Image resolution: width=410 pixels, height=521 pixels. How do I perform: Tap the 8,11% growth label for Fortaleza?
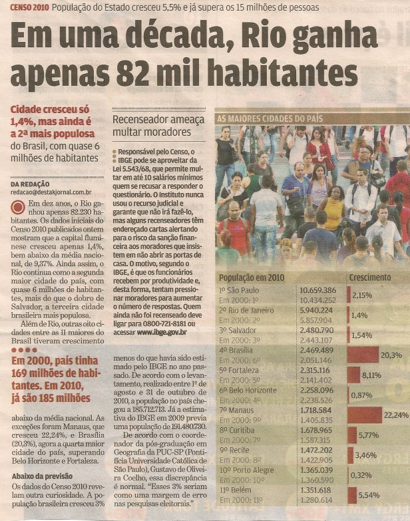pyautogui.click(x=372, y=374)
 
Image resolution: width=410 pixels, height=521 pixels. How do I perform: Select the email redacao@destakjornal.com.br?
pyautogui.click(x=52, y=191)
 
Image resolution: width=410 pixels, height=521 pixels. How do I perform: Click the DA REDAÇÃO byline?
pyautogui.click(x=31, y=183)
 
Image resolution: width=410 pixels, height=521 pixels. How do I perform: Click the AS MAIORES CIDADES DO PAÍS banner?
pyautogui.click(x=270, y=118)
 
